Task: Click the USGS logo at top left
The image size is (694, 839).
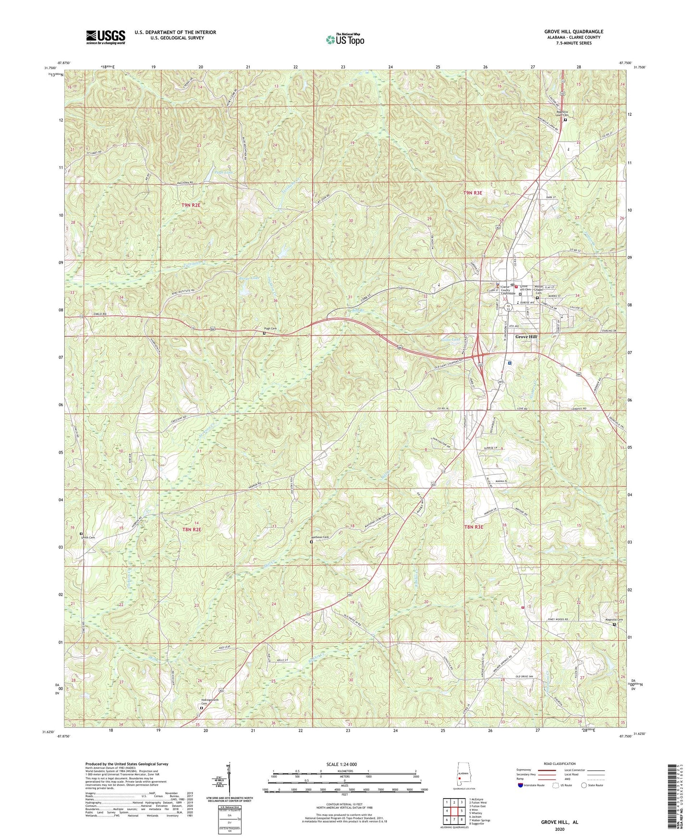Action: point(106,37)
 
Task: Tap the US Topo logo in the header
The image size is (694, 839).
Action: point(344,39)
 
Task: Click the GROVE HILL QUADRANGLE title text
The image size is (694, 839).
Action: point(567,32)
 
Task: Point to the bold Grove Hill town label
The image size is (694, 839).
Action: point(526,337)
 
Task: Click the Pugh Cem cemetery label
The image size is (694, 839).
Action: point(270,329)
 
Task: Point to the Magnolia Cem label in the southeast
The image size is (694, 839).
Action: point(613,620)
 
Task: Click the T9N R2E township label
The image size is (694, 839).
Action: point(190,205)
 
